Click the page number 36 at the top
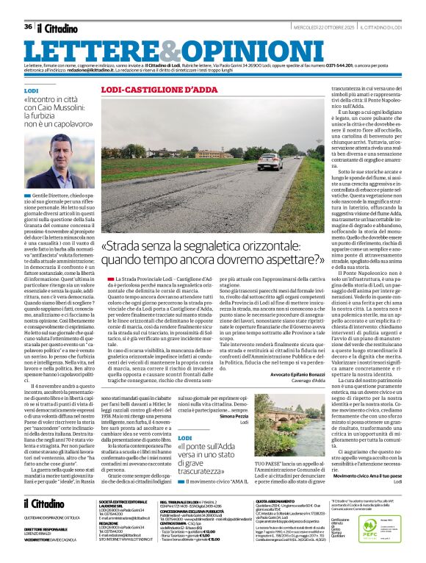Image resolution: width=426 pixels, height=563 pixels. (x=28, y=27)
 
